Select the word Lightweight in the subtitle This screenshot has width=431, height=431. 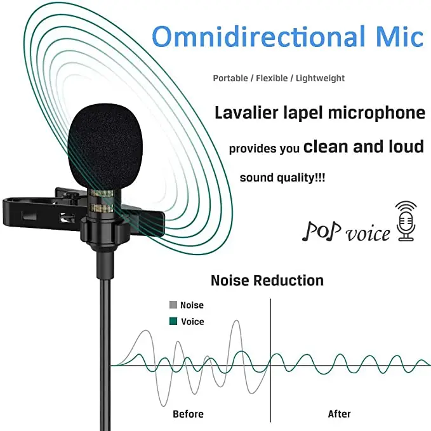[320, 78]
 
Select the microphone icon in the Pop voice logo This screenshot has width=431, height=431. [406, 222]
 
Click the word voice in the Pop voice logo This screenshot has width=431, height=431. [368, 233]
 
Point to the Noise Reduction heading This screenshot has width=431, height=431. [267, 280]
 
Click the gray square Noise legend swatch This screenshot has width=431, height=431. [173, 305]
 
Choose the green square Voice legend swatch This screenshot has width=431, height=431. [173, 321]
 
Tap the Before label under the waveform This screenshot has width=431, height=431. [188, 414]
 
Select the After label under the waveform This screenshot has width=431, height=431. [339, 414]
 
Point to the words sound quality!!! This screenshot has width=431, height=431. [282, 178]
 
